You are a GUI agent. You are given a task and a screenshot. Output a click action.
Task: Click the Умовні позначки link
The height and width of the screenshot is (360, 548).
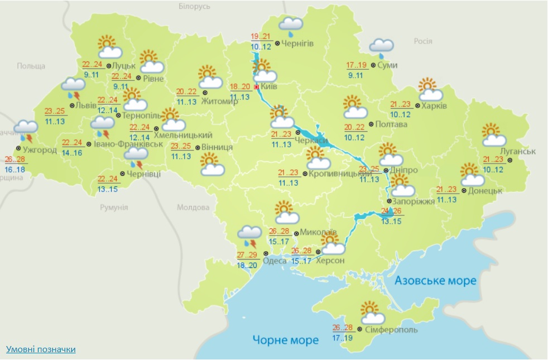(x=41, y=349)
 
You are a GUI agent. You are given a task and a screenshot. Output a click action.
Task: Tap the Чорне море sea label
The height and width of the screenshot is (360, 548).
(x=285, y=339)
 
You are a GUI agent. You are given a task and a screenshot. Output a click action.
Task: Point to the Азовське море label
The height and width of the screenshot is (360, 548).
(x=435, y=280)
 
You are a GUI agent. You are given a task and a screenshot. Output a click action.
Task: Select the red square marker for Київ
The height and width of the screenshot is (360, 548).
(x=257, y=87)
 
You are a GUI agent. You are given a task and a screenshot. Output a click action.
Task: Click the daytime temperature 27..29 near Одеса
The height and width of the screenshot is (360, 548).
(x=247, y=255)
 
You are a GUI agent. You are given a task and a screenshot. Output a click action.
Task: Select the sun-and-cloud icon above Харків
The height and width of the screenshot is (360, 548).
(x=430, y=90)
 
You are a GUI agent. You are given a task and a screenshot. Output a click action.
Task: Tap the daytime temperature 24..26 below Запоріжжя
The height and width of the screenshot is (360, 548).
(x=391, y=211)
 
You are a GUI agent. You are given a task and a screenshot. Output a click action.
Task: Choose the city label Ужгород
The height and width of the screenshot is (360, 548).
(x=40, y=150)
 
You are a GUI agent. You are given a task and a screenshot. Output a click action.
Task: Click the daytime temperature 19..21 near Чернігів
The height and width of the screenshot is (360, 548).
(x=261, y=37)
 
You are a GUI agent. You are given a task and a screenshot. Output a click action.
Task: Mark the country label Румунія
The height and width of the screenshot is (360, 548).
(x=114, y=207)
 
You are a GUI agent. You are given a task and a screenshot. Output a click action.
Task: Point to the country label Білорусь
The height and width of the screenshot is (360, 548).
(x=195, y=6)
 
